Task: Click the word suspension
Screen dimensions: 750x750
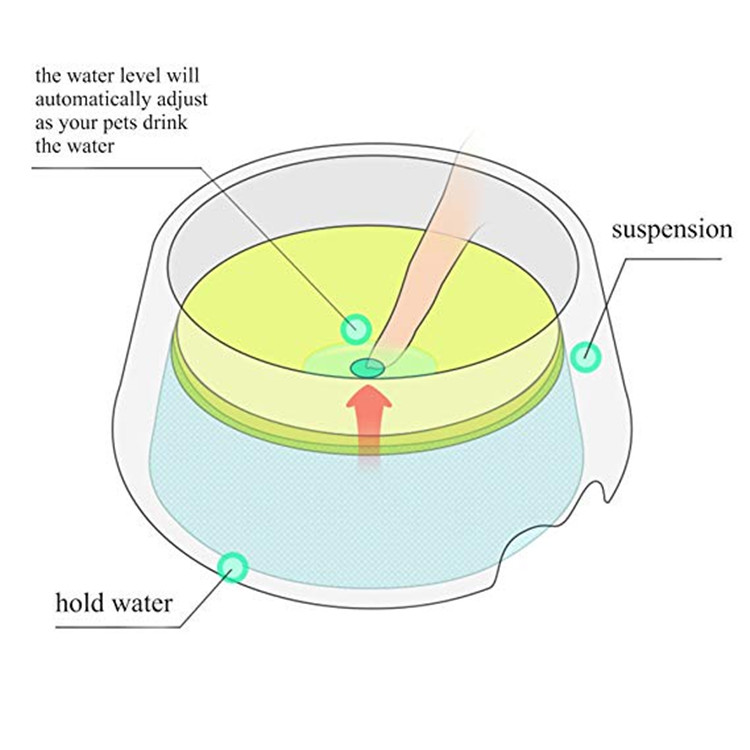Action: pos(672,231)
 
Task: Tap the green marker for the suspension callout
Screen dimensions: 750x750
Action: pos(585,357)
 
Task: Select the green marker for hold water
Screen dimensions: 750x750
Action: pos(233,567)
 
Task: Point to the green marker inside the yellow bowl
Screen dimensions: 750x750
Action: pos(356,329)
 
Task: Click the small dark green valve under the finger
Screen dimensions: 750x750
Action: pos(367,368)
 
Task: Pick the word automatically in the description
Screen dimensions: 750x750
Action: pos(88,99)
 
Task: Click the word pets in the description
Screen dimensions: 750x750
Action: pos(118,124)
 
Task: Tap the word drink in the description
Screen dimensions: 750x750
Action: pos(165,122)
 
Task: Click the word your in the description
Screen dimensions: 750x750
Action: pos(76,124)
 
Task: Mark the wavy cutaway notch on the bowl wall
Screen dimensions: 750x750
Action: pos(555,526)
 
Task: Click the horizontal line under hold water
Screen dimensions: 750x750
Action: pos(119,627)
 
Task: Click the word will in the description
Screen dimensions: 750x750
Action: pos(182,75)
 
